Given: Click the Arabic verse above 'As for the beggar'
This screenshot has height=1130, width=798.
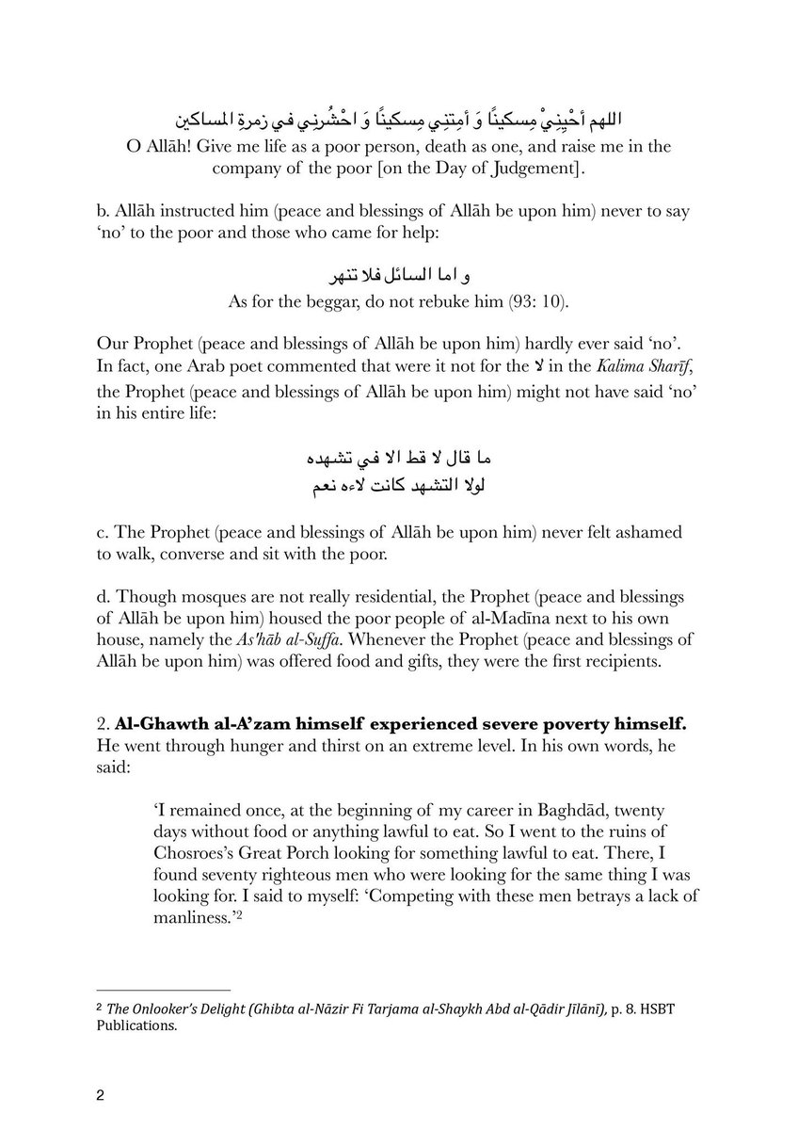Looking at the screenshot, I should coord(399,277).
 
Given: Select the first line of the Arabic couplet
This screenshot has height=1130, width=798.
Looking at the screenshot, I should coord(399,459).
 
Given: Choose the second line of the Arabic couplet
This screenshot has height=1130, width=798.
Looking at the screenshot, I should coord(399,486).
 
